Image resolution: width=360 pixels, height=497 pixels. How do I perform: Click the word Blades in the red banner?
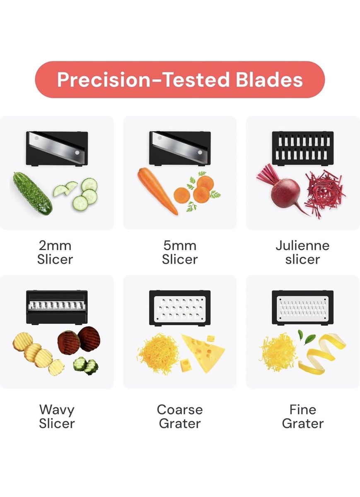click(x=269, y=80)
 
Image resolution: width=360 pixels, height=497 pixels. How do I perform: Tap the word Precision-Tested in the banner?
click(x=143, y=80)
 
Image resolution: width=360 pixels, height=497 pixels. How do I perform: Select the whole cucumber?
click(x=32, y=193)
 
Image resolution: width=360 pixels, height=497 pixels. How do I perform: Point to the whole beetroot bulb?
click(x=285, y=191)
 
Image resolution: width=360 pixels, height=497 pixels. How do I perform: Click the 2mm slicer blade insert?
click(x=57, y=148)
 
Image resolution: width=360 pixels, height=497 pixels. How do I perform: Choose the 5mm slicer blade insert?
click(x=180, y=148)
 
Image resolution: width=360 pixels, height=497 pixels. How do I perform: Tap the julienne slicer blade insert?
click(x=303, y=148)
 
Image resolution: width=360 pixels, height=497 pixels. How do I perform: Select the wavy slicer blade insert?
click(x=57, y=307)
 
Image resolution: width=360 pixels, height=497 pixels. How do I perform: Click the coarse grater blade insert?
click(x=180, y=308)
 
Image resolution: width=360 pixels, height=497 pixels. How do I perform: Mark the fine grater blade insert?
click(x=303, y=307)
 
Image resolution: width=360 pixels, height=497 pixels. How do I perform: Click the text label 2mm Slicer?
click(x=55, y=252)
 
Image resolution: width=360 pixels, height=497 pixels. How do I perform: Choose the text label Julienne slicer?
click(x=302, y=252)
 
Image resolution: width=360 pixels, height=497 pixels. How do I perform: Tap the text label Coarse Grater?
click(x=180, y=417)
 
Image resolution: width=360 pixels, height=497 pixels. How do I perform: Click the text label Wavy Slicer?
click(x=57, y=417)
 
